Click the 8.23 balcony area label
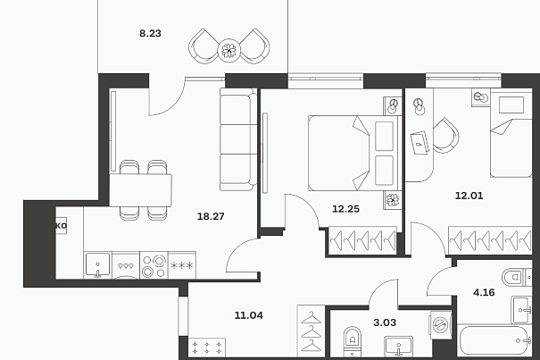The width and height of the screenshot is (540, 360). tap(150, 33)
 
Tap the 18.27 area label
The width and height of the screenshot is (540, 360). tap(211, 216)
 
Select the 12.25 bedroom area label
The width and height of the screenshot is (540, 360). tap(345, 209)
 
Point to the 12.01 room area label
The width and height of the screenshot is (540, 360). tap(469, 196)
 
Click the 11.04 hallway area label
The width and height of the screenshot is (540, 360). tap(249, 315)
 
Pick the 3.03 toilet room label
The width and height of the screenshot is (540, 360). tap(385, 322)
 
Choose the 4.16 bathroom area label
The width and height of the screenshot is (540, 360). tap(484, 293)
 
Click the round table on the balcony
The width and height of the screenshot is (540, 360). tap(229, 51)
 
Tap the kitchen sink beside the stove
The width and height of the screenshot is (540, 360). tap(98, 264)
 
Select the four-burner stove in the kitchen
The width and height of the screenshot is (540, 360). tap(154, 265)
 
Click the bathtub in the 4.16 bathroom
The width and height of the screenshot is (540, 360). tap(494, 340)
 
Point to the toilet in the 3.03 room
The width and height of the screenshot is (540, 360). tap(353, 341)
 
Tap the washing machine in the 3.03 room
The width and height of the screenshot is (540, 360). tap(440, 324)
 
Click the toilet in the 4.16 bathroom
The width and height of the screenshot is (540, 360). tap(516, 277)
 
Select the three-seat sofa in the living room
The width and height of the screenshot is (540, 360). tap(238, 139)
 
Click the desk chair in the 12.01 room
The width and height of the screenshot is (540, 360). tap(446, 136)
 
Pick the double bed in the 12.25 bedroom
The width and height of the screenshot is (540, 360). tap(355, 153)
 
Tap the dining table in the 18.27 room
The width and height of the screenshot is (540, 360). tap(140, 190)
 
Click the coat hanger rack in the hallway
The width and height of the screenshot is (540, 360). tap(312, 331)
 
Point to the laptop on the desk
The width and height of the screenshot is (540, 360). tap(420, 142)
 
